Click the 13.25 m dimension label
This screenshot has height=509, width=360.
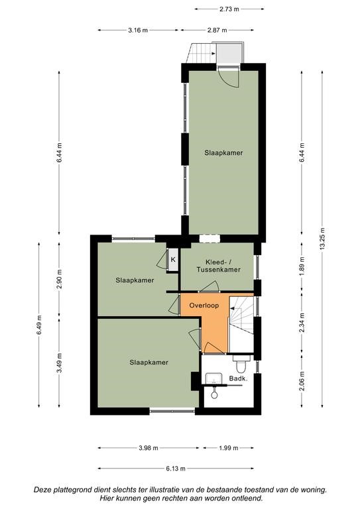(x=322, y=239)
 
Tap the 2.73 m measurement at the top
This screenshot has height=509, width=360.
(x=229, y=9)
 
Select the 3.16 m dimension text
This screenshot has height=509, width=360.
(x=138, y=30)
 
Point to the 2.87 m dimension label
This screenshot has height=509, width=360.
(x=217, y=30)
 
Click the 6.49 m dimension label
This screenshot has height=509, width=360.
(x=39, y=325)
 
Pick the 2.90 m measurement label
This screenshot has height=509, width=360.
(x=59, y=279)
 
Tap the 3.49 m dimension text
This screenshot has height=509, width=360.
(x=59, y=363)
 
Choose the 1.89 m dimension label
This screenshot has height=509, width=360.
(x=302, y=266)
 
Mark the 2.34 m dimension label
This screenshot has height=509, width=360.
(x=302, y=322)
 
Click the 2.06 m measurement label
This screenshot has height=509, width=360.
(x=302, y=381)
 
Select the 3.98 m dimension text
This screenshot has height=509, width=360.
(x=149, y=448)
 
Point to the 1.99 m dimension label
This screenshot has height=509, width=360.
(x=228, y=448)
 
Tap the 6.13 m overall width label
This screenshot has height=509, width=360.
(x=176, y=469)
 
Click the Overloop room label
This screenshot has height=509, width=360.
(x=204, y=306)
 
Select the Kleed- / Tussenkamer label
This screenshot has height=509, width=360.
(x=219, y=266)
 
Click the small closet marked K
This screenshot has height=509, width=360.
(x=173, y=259)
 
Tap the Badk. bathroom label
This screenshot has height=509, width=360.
(x=239, y=378)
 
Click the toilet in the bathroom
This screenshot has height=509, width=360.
(x=241, y=364)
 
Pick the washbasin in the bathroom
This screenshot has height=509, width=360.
(x=213, y=378)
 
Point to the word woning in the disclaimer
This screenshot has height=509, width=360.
(x=313, y=490)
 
